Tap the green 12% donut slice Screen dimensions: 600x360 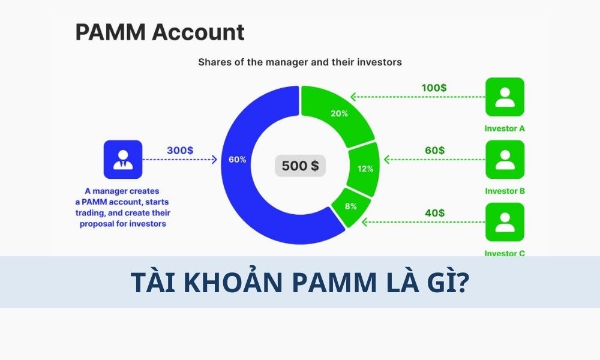[364, 169]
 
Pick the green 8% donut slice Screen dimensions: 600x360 [350, 207]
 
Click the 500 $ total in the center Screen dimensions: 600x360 [301, 166]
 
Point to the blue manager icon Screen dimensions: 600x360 [123, 159]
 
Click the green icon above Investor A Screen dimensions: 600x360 [505, 97]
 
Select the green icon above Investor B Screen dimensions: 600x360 [505, 159]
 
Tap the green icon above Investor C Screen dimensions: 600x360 [505, 222]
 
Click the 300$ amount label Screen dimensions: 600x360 [180, 151]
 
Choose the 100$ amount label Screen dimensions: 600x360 [434, 88]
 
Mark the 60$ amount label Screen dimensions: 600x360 [434, 151]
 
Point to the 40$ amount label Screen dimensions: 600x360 [434, 213]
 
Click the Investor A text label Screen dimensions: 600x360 [505, 128]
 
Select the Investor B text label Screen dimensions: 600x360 [505, 191]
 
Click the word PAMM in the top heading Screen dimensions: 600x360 [110, 32]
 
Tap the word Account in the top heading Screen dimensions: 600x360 [198, 32]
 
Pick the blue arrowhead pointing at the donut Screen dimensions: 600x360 [214, 159]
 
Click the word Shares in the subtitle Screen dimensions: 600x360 [214, 62]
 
